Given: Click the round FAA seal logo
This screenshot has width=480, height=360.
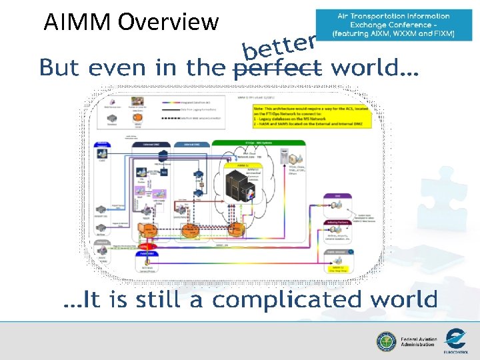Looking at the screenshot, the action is pyautogui.click(x=386, y=341).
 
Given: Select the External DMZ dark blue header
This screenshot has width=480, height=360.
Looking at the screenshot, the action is pyautogui.click(x=147, y=143).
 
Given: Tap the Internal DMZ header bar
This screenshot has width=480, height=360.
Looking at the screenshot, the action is pyautogui.click(x=190, y=143).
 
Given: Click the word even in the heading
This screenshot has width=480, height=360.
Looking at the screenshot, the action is pyautogui.click(x=117, y=67).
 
